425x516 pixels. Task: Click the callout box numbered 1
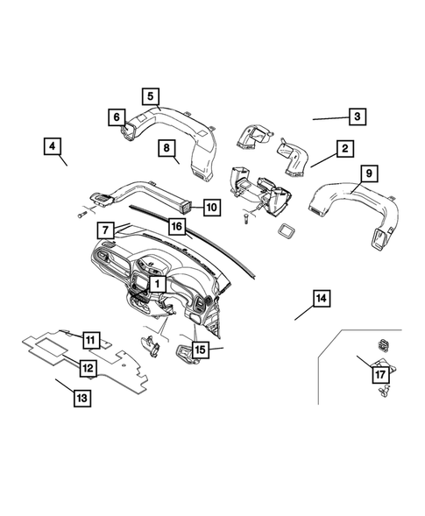pyautogui.click(x=156, y=284)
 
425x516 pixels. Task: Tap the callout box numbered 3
pyautogui.click(x=357, y=117)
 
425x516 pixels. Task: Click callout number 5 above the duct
pyautogui.click(x=150, y=95)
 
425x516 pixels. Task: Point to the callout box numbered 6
pyautogui.click(x=115, y=117)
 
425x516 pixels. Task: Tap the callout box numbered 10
pyautogui.click(x=211, y=208)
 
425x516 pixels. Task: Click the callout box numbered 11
pyautogui.click(x=90, y=338)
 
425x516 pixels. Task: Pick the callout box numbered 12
pyautogui.click(x=89, y=368)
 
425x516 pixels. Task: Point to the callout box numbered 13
pyautogui.click(x=81, y=398)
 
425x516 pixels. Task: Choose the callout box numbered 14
pyautogui.click(x=322, y=300)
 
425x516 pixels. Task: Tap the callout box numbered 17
pyautogui.click(x=379, y=374)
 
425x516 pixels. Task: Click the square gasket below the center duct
pyautogui.click(x=286, y=232)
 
